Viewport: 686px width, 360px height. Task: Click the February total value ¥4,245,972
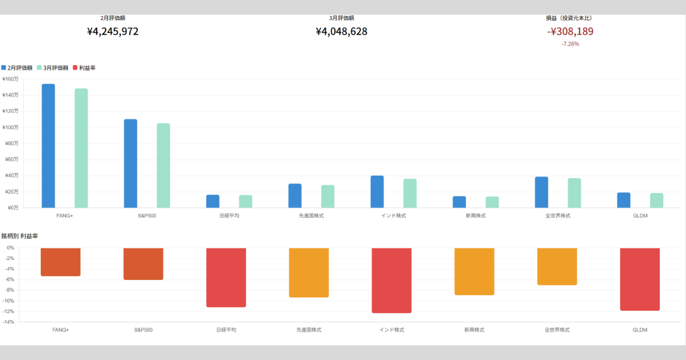click(113, 31)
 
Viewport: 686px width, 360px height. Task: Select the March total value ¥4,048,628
click(341, 31)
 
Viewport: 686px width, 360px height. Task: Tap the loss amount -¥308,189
click(570, 31)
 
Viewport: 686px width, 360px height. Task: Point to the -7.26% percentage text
click(570, 44)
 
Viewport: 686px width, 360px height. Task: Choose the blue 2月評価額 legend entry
click(18, 68)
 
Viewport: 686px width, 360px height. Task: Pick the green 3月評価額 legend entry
click(53, 68)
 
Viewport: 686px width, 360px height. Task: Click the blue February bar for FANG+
click(49, 146)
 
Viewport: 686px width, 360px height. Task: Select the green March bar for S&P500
click(163, 165)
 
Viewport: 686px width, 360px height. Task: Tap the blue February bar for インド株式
click(377, 191)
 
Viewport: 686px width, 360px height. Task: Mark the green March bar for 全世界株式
click(575, 193)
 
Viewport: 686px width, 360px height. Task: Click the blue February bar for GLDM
click(624, 200)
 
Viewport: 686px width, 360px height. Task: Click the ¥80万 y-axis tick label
click(11, 143)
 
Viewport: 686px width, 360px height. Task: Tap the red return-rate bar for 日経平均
click(226, 277)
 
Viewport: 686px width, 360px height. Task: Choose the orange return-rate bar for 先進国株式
click(309, 273)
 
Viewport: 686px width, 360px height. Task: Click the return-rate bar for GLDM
click(640, 279)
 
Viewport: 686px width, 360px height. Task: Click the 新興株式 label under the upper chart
click(474, 216)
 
